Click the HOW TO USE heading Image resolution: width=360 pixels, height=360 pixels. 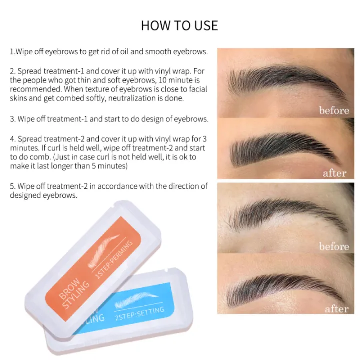click(179, 25)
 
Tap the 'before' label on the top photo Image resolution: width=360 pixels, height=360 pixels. click(334, 110)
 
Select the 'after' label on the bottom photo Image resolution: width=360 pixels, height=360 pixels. click(336, 309)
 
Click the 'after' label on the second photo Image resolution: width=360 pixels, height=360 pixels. click(334, 173)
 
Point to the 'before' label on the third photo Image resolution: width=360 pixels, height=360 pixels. click(334, 246)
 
